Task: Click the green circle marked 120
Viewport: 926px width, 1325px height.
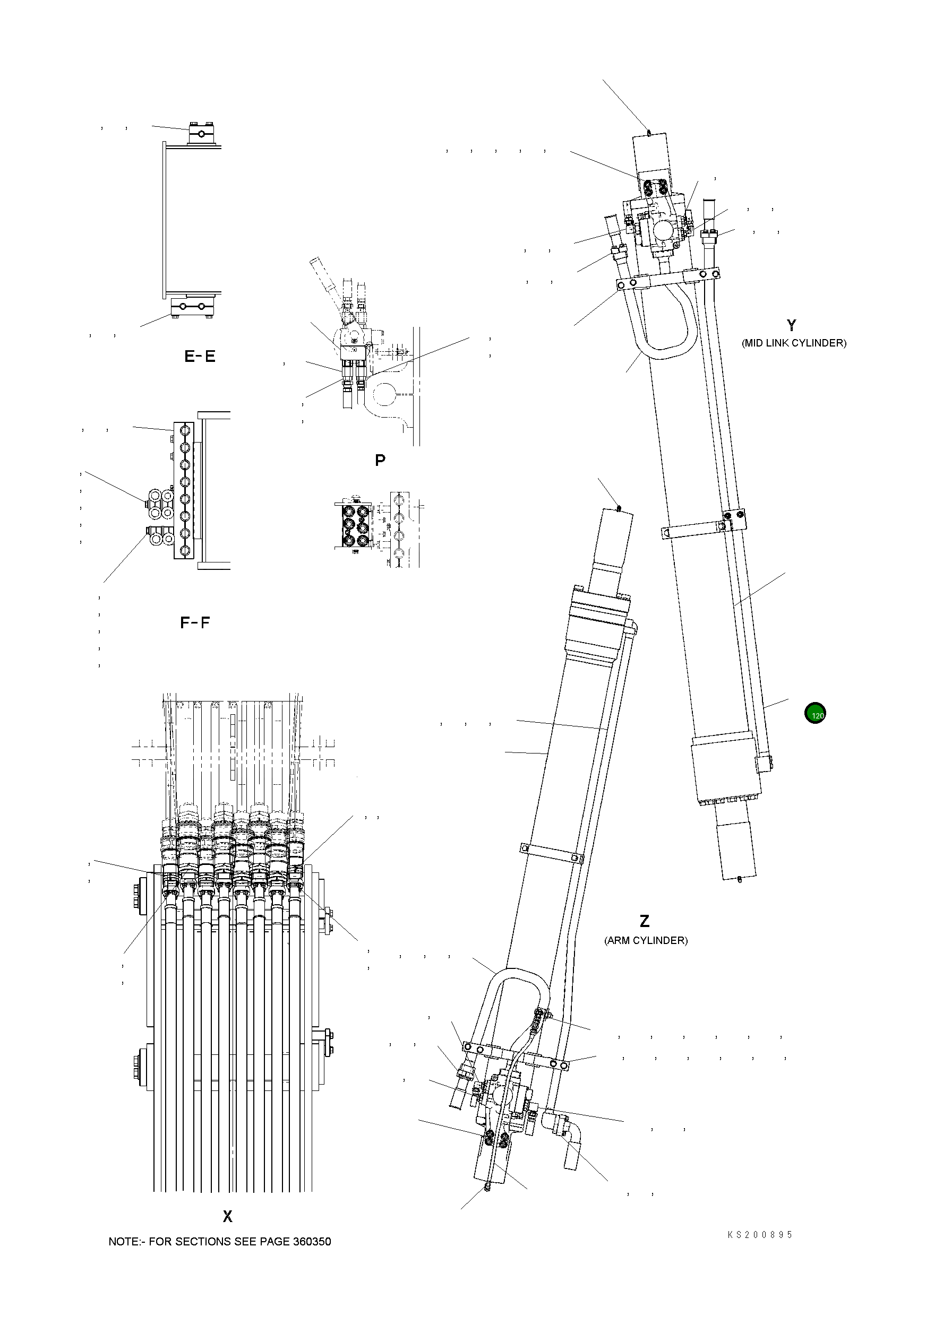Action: click(814, 714)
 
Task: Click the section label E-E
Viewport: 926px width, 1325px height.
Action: click(200, 357)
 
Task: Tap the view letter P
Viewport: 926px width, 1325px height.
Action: click(380, 461)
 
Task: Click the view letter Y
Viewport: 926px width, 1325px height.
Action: click(792, 325)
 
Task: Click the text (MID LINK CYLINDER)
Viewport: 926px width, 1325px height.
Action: click(794, 343)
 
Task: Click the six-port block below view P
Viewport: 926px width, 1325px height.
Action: click(352, 525)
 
